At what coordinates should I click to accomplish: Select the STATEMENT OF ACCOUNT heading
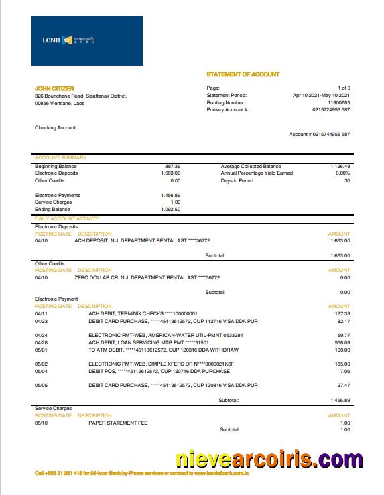pyautogui.click(x=243, y=74)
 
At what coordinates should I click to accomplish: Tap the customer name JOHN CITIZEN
pyautogui.click(x=54, y=88)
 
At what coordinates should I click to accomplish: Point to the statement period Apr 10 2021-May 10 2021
pyautogui.click(x=322, y=95)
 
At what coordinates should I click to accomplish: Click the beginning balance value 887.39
pyautogui.click(x=172, y=166)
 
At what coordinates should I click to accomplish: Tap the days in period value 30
pyautogui.click(x=347, y=180)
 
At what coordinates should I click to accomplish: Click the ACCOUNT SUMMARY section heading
pyautogui.click(x=60, y=158)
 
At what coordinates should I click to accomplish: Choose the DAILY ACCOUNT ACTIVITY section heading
pyautogui.click(x=66, y=219)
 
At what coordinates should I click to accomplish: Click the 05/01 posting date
pyautogui.click(x=42, y=349)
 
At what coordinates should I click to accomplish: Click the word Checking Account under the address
pyautogui.click(x=56, y=127)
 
